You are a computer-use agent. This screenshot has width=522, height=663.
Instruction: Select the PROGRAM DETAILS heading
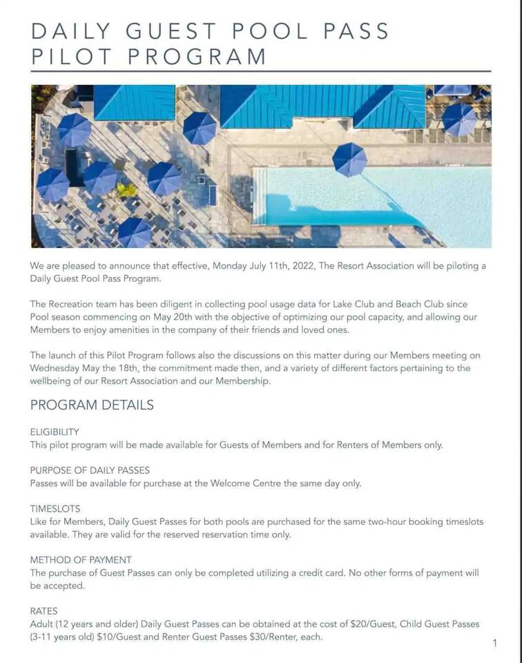pyautogui.click(x=92, y=405)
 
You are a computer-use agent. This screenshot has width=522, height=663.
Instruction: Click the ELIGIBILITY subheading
pyautogui.click(x=55, y=432)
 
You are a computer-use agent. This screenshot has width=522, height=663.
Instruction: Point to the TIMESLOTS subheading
pyautogui.click(x=55, y=508)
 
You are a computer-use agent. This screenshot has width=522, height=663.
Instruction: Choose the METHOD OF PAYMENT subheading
pyautogui.click(x=81, y=559)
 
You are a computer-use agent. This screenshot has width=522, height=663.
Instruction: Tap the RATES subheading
pyautogui.click(x=44, y=611)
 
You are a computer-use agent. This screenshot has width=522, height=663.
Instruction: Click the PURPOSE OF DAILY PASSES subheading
pyautogui.click(x=90, y=470)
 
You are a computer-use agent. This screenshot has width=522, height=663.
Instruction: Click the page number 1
pyautogui.click(x=494, y=644)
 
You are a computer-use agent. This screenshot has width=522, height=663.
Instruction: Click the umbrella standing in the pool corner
pyautogui.click(x=349, y=160)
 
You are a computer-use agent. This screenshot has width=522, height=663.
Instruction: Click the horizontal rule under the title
pyautogui.click(x=261, y=71)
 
